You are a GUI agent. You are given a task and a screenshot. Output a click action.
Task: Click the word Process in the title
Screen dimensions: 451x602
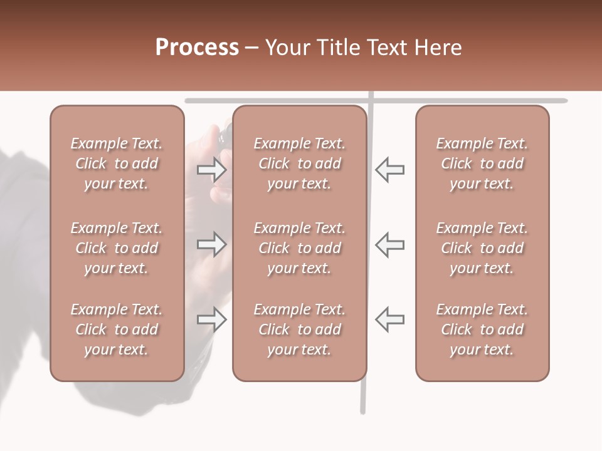click(x=197, y=48)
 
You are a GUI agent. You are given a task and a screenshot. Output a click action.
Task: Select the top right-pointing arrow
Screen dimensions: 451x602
click(x=211, y=169)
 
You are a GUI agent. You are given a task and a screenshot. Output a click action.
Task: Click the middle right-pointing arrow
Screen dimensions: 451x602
click(x=211, y=244)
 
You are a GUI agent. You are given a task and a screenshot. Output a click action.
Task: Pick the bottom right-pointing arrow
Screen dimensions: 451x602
click(x=211, y=319)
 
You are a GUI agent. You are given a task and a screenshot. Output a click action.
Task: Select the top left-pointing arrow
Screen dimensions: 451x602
click(x=389, y=169)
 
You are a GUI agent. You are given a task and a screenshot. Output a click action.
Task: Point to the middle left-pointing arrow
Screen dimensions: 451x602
click(x=389, y=244)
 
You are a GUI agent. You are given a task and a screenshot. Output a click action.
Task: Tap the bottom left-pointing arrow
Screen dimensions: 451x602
click(x=389, y=319)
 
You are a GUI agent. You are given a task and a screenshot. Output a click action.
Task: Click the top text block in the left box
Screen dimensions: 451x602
click(x=117, y=163)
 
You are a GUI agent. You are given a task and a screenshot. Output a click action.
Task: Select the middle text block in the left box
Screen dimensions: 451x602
click(x=117, y=248)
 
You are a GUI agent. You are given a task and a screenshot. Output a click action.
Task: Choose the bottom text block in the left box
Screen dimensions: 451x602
click(x=117, y=329)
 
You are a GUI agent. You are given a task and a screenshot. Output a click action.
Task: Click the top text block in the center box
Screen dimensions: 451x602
click(x=299, y=163)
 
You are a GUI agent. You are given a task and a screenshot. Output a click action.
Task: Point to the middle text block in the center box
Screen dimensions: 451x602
click(x=299, y=248)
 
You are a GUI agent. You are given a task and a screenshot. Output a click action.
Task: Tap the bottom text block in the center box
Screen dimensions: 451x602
click(x=299, y=329)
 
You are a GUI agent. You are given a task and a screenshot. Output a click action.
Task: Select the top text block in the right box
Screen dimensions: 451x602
click(x=482, y=163)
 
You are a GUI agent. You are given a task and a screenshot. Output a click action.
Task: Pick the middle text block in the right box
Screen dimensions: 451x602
click(x=482, y=248)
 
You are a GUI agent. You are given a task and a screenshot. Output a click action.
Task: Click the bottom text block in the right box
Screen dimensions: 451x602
click(x=482, y=329)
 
